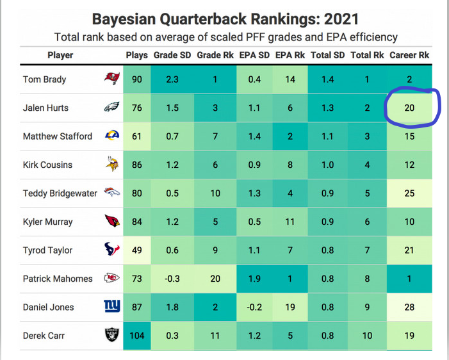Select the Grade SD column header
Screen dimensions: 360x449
point(172,55)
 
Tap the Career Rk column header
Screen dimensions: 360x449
point(410,55)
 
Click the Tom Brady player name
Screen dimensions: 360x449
point(45,79)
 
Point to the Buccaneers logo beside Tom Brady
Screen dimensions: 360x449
point(112,79)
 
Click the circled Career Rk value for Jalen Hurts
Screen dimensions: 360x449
point(409,108)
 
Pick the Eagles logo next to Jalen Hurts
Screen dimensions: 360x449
point(112,108)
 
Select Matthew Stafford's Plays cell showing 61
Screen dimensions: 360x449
point(136,136)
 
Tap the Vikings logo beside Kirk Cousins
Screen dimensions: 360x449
point(112,165)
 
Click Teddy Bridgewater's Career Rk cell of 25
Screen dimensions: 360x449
point(409,193)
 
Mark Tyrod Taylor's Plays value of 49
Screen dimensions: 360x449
point(136,250)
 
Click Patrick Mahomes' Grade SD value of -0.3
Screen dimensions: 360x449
point(172,279)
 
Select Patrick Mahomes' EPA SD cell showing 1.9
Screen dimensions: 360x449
point(254,279)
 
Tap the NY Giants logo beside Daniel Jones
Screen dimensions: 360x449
point(112,307)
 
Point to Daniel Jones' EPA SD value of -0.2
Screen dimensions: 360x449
point(254,307)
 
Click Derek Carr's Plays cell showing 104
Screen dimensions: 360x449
point(136,335)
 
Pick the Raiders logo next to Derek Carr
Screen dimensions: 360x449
point(112,335)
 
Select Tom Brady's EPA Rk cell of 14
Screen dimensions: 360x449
point(290,79)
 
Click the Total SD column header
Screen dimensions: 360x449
point(328,55)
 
